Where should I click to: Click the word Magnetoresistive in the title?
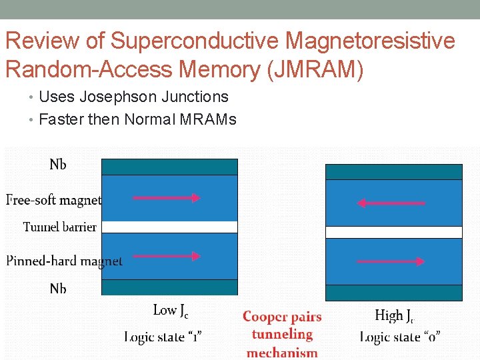[370, 41]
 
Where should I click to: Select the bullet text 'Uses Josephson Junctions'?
[133, 97]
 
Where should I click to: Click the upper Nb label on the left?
[58, 164]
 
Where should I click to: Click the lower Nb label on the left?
[58, 289]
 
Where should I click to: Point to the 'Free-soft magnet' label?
[53, 199]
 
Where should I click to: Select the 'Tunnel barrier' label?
[60, 227]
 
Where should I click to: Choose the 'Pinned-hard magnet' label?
[64, 261]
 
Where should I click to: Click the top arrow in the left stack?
[167, 197]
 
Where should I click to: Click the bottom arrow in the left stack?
[167, 256]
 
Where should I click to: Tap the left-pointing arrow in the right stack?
[391, 203]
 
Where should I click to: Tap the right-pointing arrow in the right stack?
[391, 261]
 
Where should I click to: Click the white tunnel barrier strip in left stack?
[169, 227]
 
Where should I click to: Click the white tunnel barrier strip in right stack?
[393, 232]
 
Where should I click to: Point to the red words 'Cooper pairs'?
[282, 317]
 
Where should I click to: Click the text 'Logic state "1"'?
[163, 337]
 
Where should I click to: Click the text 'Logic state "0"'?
[399, 337]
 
